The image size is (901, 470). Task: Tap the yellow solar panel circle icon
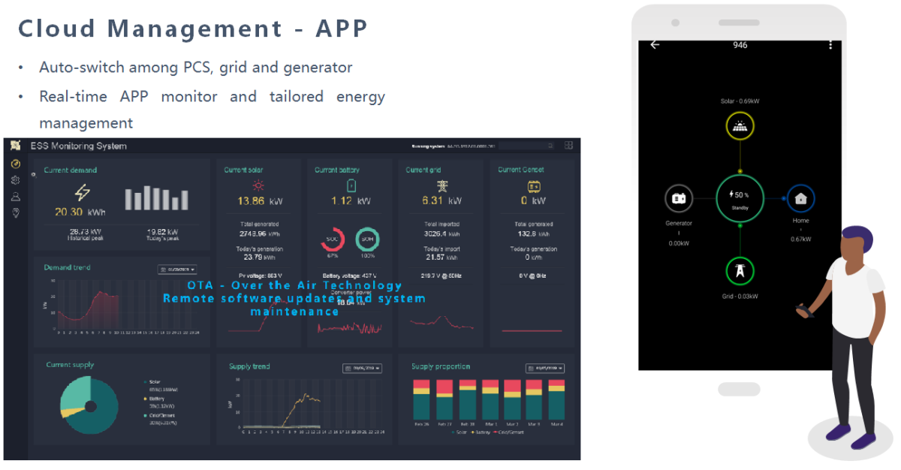(x=740, y=128)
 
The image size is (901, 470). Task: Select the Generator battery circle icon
(x=679, y=199)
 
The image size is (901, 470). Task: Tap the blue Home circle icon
(x=800, y=199)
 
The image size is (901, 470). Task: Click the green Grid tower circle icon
(x=740, y=271)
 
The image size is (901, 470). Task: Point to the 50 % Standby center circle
(x=740, y=198)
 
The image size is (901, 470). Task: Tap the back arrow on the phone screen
(x=655, y=45)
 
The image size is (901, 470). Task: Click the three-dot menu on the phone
(x=830, y=45)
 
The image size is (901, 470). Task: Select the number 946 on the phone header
(x=740, y=45)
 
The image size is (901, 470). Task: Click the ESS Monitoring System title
(x=78, y=146)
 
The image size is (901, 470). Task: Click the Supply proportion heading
(x=441, y=366)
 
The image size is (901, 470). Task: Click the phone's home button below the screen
(x=739, y=389)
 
